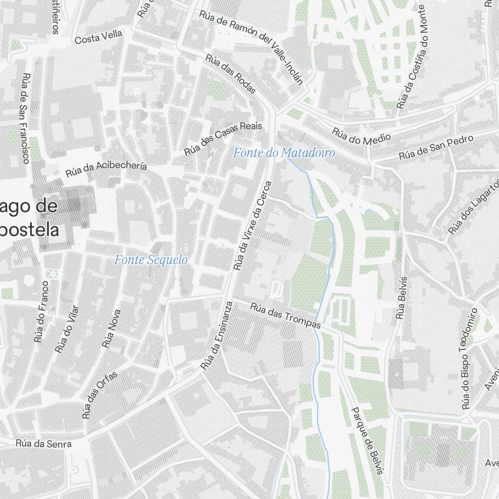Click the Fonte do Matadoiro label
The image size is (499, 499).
pyautogui.click(x=284, y=153)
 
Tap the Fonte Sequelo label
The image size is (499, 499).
pyautogui.click(x=151, y=260)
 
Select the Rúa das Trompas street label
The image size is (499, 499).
pyautogui.click(x=285, y=316)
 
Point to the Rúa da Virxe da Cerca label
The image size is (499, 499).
pyautogui.click(x=254, y=226)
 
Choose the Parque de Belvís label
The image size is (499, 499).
pyautogui.click(x=368, y=441)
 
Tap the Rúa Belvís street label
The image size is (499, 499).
pyautogui.click(x=402, y=297)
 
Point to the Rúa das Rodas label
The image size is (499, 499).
pyautogui.click(x=231, y=73)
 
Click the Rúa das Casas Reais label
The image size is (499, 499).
pyautogui.click(x=223, y=138)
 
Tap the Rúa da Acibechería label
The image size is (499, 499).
pyautogui.click(x=106, y=169)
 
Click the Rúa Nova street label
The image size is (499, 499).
pyautogui.click(x=111, y=328)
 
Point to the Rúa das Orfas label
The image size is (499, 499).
pyautogui.click(x=100, y=394)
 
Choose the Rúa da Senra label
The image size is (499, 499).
pyautogui.click(x=43, y=443)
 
